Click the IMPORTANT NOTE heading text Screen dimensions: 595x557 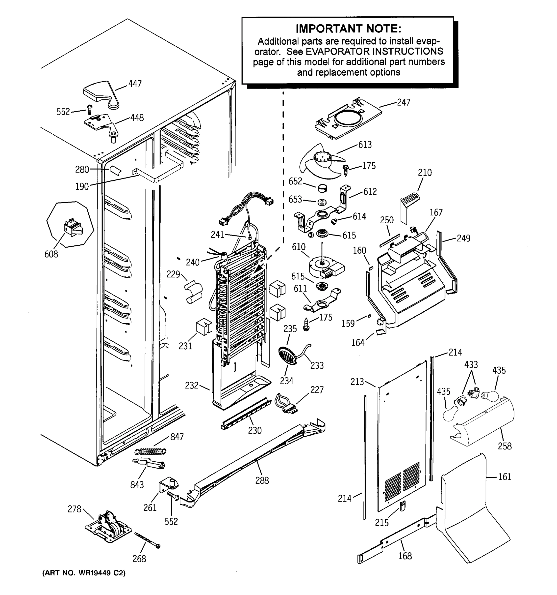tap(348, 29)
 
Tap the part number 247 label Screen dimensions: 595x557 tap(404, 102)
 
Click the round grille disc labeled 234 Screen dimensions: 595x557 tap(287, 356)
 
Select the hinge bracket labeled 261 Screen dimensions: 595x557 tap(169, 485)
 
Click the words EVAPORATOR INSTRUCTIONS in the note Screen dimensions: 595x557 tap(374, 52)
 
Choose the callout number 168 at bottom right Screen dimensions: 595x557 tap(405, 556)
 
